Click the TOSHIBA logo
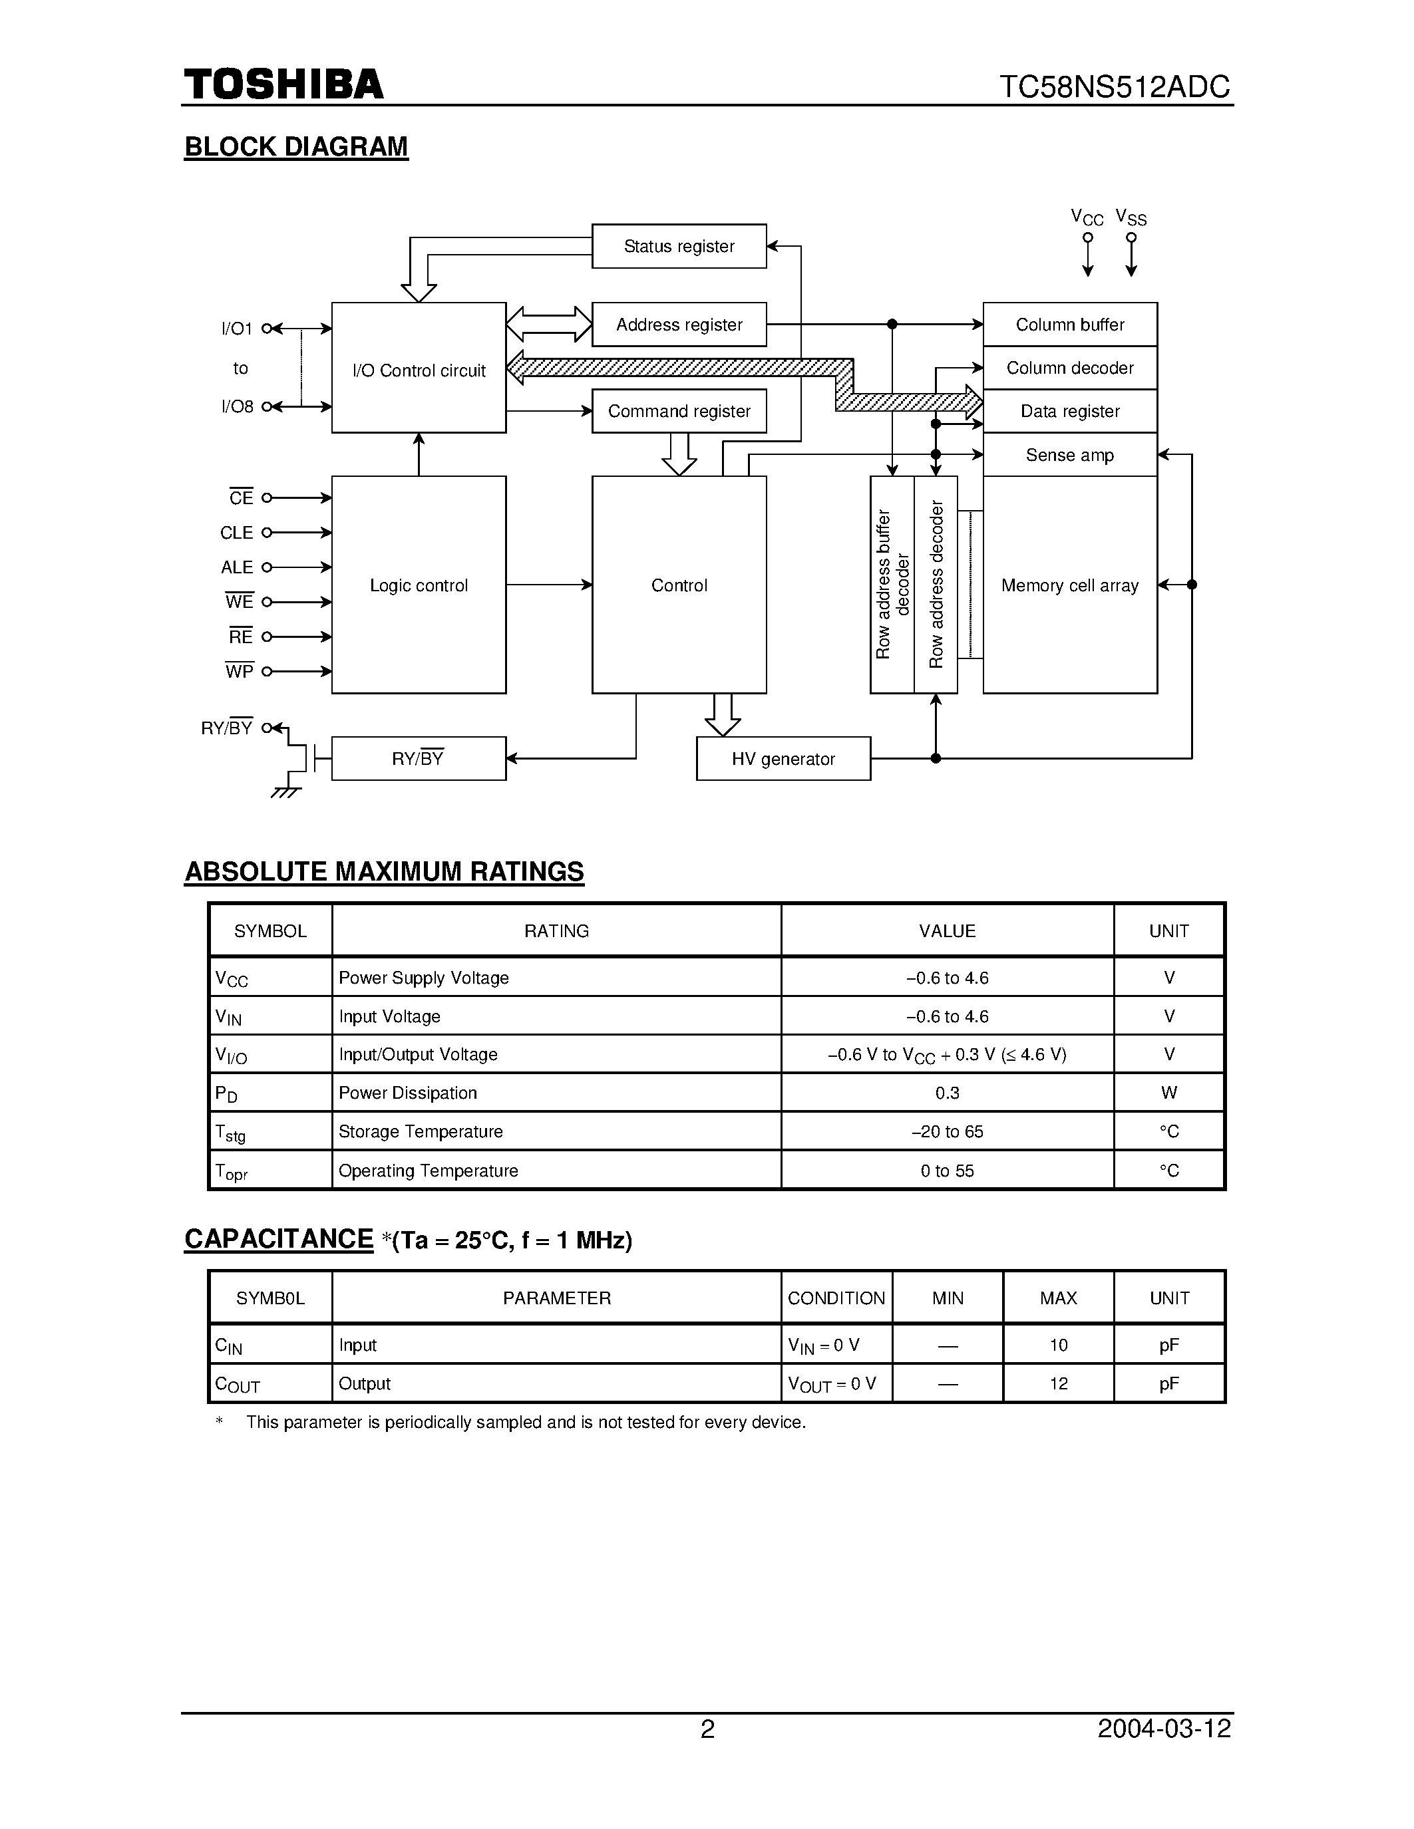click(x=283, y=84)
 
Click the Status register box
click(x=679, y=246)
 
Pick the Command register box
click(x=679, y=411)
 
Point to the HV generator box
click(x=783, y=759)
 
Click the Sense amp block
click(x=1070, y=455)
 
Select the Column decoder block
click(x=1070, y=368)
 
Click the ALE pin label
click(x=236, y=567)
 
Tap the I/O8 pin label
click(x=236, y=407)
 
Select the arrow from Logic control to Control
click(x=549, y=585)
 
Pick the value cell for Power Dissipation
click(x=948, y=1093)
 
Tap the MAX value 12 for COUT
click(x=1058, y=1383)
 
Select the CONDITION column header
click(x=836, y=1298)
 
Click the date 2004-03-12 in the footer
click(x=1164, y=1729)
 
